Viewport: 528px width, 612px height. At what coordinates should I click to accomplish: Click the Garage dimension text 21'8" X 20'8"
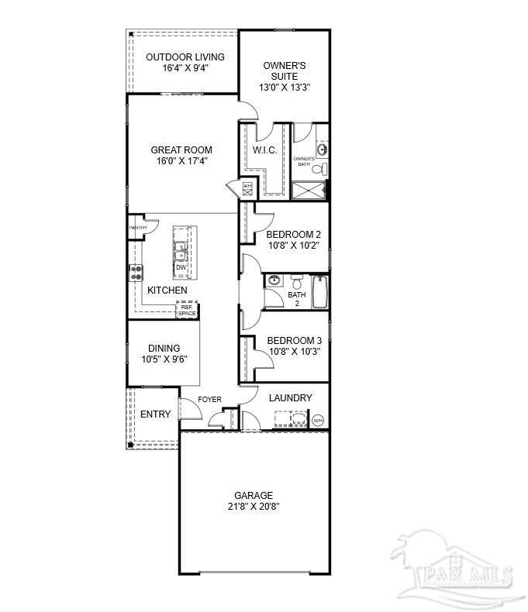[x=254, y=507]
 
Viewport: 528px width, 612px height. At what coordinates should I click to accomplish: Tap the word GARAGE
[x=254, y=495]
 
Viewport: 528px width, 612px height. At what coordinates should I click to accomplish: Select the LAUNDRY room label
[x=291, y=398]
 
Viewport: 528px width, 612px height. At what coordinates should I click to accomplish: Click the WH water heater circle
[x=318, y=421]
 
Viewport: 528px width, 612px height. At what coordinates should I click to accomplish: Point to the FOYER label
[x=209, y=400]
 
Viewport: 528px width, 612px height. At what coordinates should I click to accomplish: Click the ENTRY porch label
[x=155, y=414]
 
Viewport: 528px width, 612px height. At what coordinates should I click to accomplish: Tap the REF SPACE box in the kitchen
[x=187, y=310]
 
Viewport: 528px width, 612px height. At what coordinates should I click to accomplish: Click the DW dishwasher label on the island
[x=181, y=268]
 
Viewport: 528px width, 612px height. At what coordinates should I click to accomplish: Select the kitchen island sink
[x=181, y=251]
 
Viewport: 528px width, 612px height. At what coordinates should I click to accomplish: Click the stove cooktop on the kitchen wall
[x=136, y=272]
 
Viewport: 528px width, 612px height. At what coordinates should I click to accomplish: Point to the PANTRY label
[x=138, y=228]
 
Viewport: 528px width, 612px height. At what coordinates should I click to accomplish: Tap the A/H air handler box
[x=247, y=187]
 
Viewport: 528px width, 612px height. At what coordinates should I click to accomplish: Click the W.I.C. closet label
[x=265, y=150]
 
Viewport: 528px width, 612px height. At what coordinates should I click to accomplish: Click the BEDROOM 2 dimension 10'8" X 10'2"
[x=293, y=246]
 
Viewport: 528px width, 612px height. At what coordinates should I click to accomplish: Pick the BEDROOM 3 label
[x=294, y=340]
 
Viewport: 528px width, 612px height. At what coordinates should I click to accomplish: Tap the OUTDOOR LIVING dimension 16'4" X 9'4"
[x=185, y=68]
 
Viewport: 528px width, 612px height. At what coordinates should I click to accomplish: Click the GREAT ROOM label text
[x=181, y=150]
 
